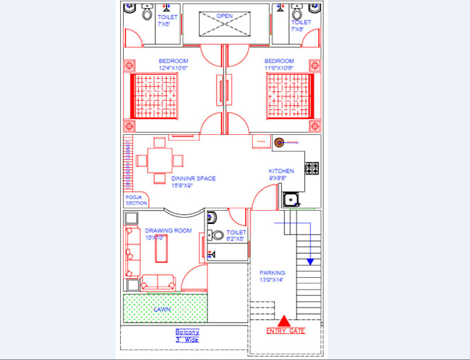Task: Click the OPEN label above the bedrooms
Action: tap(224, 15)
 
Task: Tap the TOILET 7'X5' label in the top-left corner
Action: tap(168, 19)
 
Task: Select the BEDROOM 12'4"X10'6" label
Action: tap(173, 64)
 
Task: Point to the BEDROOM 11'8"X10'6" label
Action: tap(279, 64)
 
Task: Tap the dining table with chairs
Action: tap(160, 160)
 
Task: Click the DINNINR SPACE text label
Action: tap(194, 182)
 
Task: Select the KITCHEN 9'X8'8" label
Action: tap(281, 174)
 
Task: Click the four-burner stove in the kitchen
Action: tap(312, 168)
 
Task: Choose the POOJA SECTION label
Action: tap(136, 200)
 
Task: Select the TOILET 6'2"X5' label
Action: tap(236, 236)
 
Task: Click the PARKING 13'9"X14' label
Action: tap(272, 276)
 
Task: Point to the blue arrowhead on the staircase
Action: tap(310, 261)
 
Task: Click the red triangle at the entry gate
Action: tap(284, 320)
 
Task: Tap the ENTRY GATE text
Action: tap(285, 331)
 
